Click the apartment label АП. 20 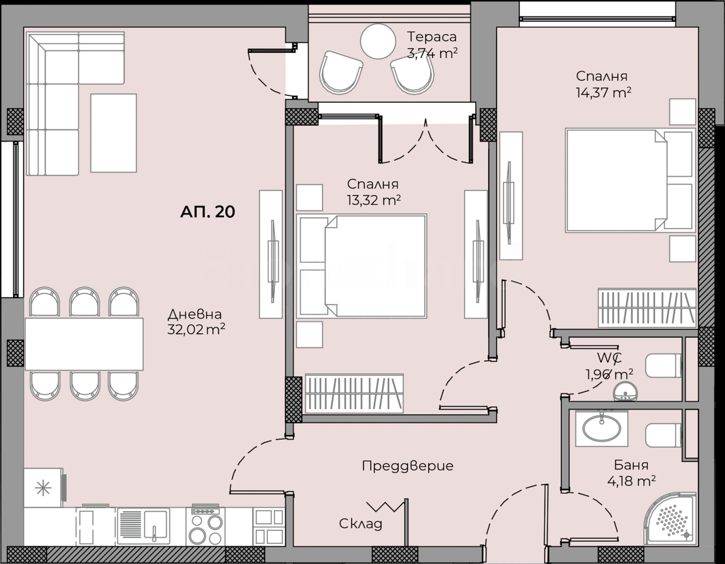208,212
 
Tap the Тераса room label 432,37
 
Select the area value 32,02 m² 196,329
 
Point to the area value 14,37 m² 603,92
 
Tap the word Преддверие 407,466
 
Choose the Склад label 361,524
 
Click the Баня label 631,465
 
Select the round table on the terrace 378,41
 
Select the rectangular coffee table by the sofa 114,133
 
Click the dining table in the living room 84,344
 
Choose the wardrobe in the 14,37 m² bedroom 647,308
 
